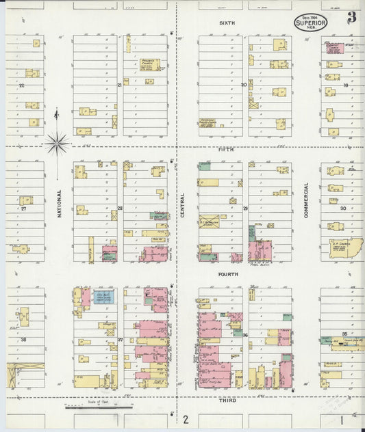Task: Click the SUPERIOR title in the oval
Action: click(x=311, y=23)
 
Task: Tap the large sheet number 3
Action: click(x=351, y=18)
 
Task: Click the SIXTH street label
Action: click(x=227, y=23)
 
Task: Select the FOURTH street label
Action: click(x=228, y=274)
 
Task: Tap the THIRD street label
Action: click(x=228, y=401)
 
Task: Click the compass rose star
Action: click(x=56, y=144)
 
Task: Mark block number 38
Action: click(x=23, y=339)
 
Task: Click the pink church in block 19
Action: click(x=334, y=49)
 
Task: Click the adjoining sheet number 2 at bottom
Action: click(x=184, y=418)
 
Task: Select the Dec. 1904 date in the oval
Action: click(x=311, y=16)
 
